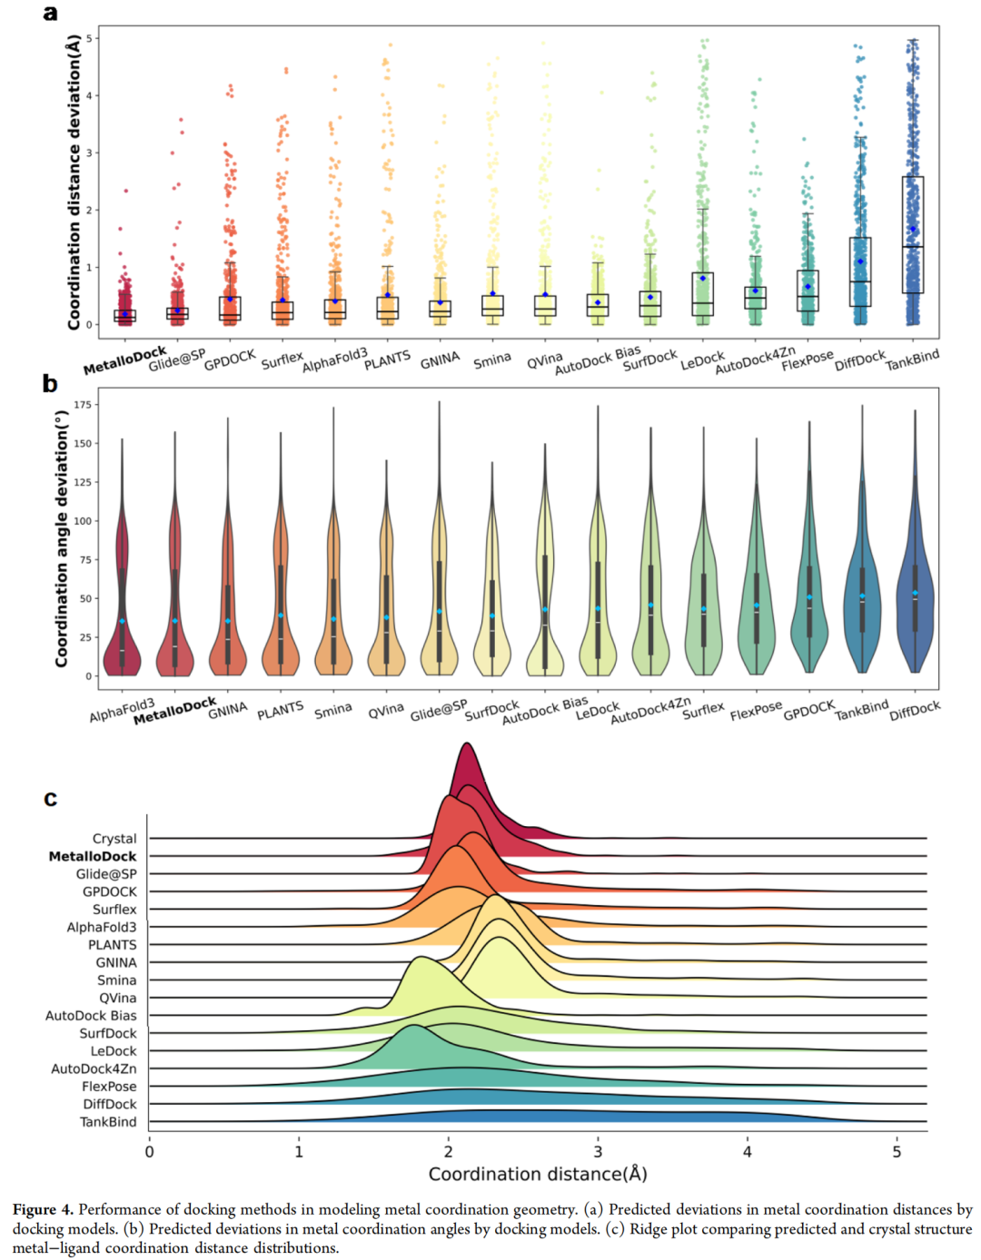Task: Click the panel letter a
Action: click(50, 14)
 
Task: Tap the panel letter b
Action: click(50, 384)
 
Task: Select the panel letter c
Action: click(50, 799)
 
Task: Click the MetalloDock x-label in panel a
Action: click(125, 360)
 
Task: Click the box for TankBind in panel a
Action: click(913, 234)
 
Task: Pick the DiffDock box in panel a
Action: click(860, 271)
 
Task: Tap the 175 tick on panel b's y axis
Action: click(83, 405)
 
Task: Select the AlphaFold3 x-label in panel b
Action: click(123, 710)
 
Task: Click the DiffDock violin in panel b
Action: click(915, 599)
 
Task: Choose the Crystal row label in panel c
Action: click(114, 839)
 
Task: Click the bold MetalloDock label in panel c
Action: click(93, 856)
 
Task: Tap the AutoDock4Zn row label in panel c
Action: click(94, 1068)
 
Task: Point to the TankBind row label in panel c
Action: click(108, 1122)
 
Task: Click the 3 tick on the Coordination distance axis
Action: click(598, 1152)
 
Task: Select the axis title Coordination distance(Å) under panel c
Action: click(538, 1174)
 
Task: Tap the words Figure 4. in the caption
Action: click(43, 1209)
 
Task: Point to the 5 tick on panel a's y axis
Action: click(89, 39)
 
